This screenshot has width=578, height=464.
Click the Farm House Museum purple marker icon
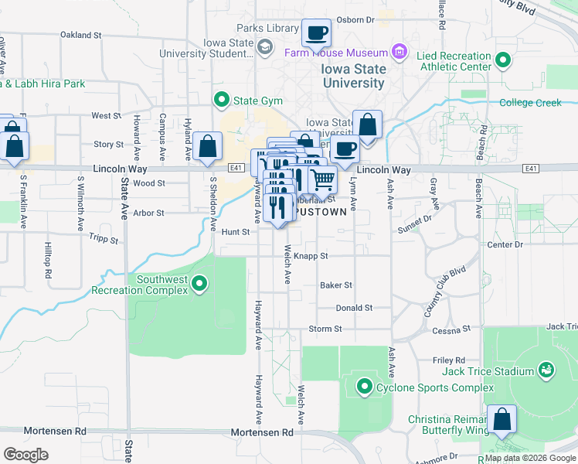tap(399, 53)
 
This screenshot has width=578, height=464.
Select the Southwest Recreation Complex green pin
tap(200, 284)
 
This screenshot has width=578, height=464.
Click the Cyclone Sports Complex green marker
tap(365, 385)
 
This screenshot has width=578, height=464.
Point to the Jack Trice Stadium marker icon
tap(546, 371)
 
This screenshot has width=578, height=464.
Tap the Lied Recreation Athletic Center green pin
tap(503, 60)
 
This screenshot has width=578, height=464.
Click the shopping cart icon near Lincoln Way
tap(323, 179)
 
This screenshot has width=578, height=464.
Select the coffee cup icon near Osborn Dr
tap(316, 33)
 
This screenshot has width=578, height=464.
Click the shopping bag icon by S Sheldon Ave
tap(208, 145)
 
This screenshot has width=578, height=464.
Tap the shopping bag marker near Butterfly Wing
tap(501, 419)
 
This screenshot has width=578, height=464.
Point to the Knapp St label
tap(312, 255)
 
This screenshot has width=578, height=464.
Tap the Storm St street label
tap(325, 329)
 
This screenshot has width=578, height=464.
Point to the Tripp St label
tap(104, 240)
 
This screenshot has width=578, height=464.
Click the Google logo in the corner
tap(25, 454)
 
